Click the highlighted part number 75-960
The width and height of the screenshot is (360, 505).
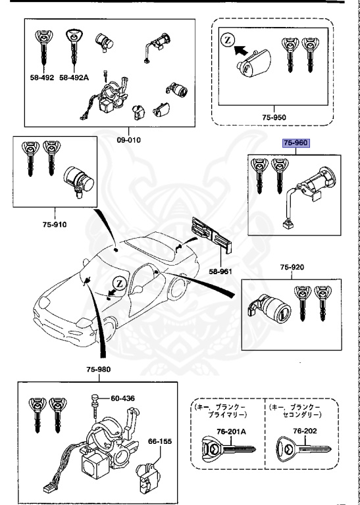[296, 143]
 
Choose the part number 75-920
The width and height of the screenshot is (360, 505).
[294, 268]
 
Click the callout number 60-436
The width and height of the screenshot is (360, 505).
[122, 398]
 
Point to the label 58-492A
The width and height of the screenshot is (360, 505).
[74, 78]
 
